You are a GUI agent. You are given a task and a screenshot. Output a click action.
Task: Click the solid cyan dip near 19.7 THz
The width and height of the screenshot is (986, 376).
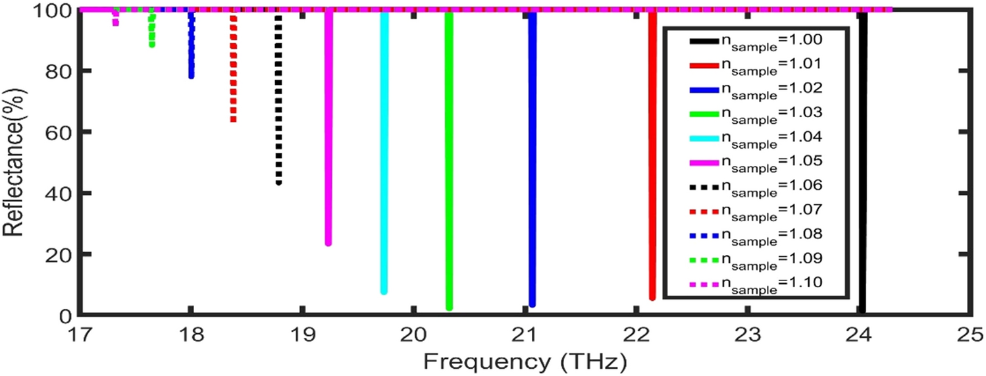click(384, 151)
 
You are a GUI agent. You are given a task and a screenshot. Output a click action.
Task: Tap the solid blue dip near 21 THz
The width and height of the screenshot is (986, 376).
click(532, 158)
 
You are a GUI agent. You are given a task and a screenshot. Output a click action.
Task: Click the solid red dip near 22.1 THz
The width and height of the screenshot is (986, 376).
click(652, 155)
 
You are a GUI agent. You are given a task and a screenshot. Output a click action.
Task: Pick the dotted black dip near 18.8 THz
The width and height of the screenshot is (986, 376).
click(278, 99)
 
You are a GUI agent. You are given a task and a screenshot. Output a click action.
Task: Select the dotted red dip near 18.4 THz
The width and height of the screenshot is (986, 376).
click(233, 66)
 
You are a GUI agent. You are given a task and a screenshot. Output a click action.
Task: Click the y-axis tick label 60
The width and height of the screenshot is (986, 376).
click(58, 132)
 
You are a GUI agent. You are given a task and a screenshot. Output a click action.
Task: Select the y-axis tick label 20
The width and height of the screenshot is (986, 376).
click(58, 255)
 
